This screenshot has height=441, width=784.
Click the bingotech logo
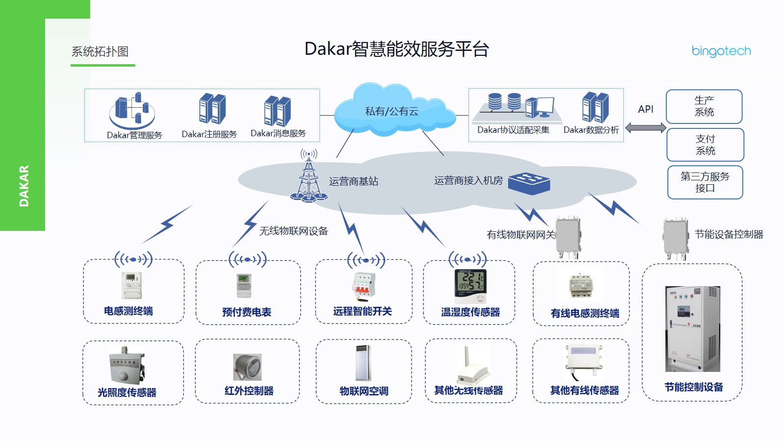721,51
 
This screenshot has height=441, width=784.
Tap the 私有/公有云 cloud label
392,111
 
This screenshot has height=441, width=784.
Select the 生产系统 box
704,106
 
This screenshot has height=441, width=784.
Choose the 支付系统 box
705,145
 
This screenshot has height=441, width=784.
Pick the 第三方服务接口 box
705,182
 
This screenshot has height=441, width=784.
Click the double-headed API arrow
645,128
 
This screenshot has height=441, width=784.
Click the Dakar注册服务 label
209,134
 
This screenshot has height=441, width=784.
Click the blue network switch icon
529,183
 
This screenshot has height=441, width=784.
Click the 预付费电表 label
246,312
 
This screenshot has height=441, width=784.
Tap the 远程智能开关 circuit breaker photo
363,286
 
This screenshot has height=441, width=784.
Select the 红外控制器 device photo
247,367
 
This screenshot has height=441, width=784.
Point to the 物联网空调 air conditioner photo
363,363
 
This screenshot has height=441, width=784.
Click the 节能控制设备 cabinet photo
692,329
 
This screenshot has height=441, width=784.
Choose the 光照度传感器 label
127,392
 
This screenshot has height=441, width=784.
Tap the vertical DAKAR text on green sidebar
24,186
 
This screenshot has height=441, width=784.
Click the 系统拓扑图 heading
100,51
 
